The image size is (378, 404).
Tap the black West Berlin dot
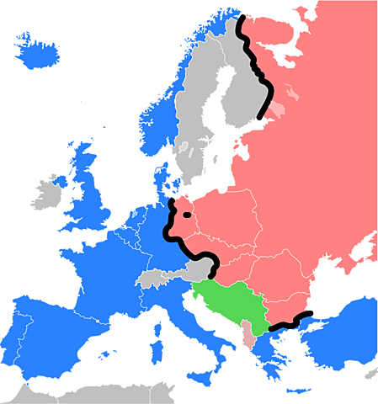pyautogui.click(x=185, y=214)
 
